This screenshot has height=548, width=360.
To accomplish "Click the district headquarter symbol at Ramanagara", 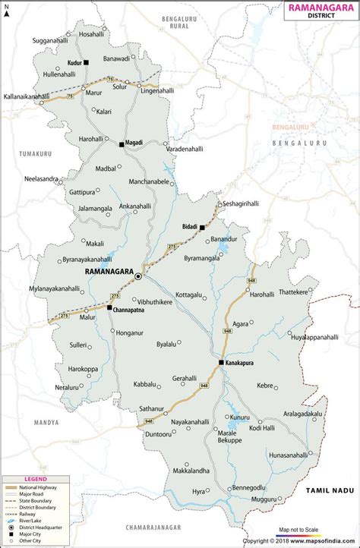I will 138,277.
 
